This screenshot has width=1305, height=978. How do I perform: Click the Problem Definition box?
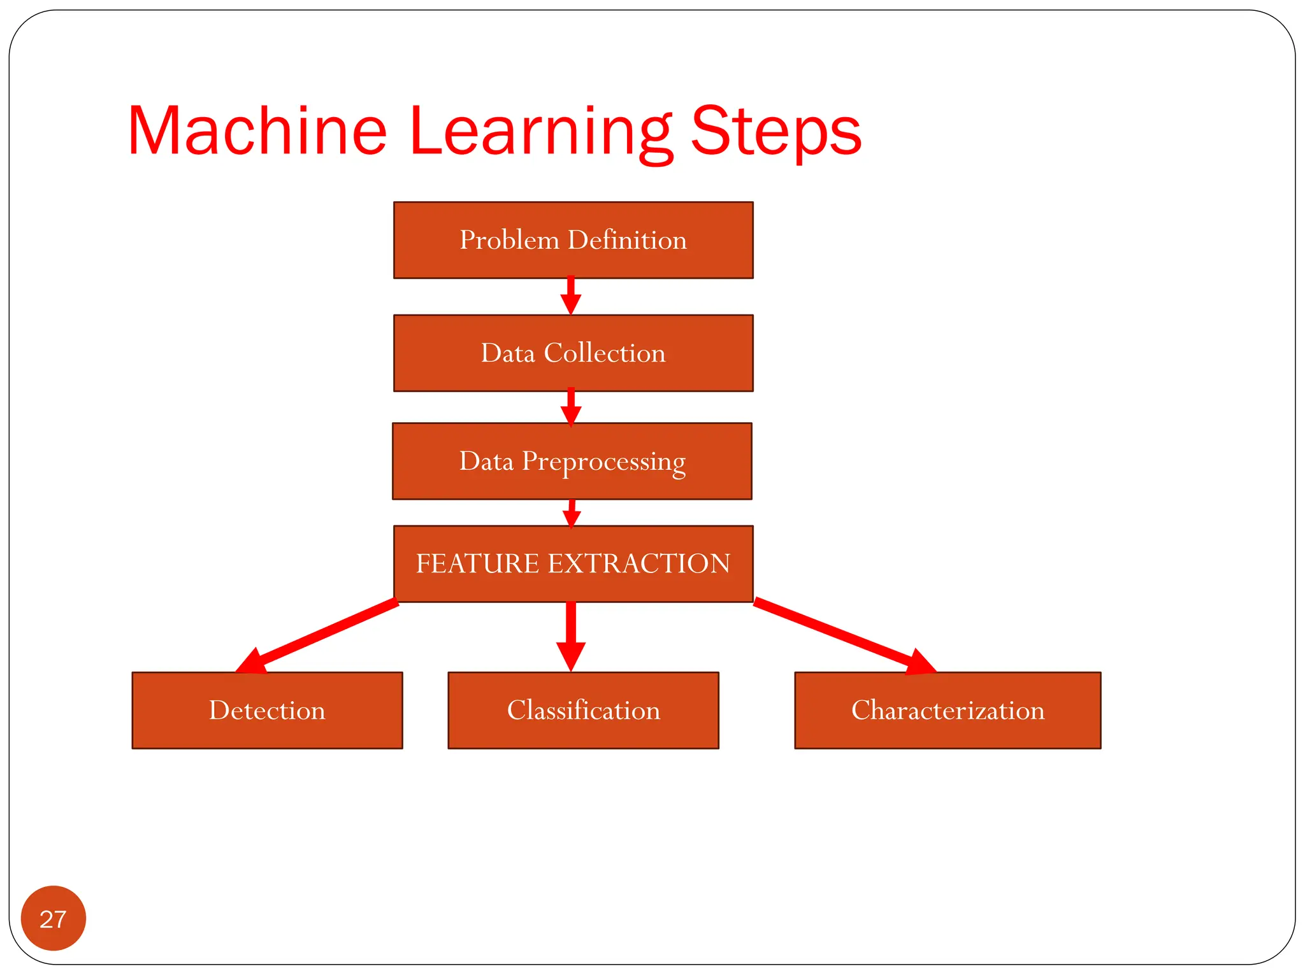(x=573, y=240)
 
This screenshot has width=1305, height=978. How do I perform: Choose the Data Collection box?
(x=573, y=353)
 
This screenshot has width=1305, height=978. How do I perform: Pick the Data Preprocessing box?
(x=572, y=461)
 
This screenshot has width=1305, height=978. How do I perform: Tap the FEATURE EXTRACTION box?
(x=573, y=563)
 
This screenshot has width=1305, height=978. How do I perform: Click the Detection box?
(x=267, y=710)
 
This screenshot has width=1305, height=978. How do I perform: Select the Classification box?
(x=583, y=710)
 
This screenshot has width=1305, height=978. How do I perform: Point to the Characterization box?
(x=948, y=710)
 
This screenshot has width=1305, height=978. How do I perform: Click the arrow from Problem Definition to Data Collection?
(x=571, y=297)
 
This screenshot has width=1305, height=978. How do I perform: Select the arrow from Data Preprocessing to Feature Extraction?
(x=572, y=513)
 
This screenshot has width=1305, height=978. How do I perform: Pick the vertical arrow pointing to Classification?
(x=571, y=637)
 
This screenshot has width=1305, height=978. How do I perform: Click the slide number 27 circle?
(x=54, y=918)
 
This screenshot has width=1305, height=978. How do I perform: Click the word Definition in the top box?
(x=627, y=240)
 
